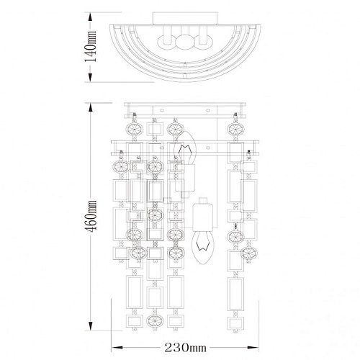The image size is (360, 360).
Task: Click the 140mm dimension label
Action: pyautogui.click(x=91, y=46)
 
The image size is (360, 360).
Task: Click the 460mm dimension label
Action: pyautogui.click(x=91, y=216)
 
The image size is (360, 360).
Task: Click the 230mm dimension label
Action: pyautogui.click(x=185, y=347)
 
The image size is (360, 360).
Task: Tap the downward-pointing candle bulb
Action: pyautogui.click(x=203, y=248)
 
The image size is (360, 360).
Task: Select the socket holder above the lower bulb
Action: pyautogui.click(x=203, y=215)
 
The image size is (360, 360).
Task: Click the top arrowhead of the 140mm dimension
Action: pyautogui.click(x=91, y=17)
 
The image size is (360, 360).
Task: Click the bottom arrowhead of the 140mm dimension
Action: pyautogui.click(x=91, y=77)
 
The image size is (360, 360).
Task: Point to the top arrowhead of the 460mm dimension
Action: pyautogui.click(x=91, y=108)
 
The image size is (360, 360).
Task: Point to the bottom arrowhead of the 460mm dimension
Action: pyautogui.click(x=91, y=325)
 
